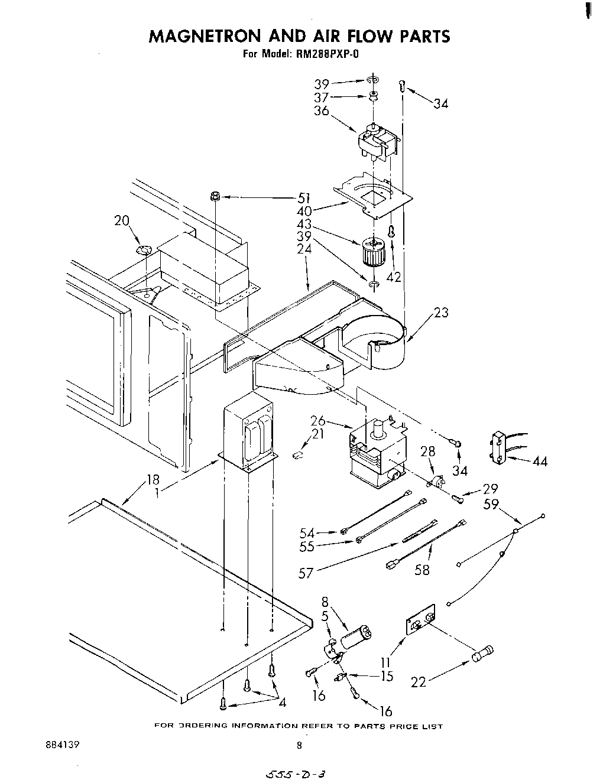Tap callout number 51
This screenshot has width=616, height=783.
tap(304, 199)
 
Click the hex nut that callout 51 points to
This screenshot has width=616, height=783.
tap(216, 196)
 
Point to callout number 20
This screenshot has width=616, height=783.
tap(122, 220)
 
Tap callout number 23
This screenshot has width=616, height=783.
tap(441, 313)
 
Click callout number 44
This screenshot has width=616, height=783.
tap(539, 461)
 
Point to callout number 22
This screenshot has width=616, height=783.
tap(419, 682)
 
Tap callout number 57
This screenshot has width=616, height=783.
tap(306, 573)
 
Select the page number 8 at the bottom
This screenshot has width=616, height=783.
tap(299, 746)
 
